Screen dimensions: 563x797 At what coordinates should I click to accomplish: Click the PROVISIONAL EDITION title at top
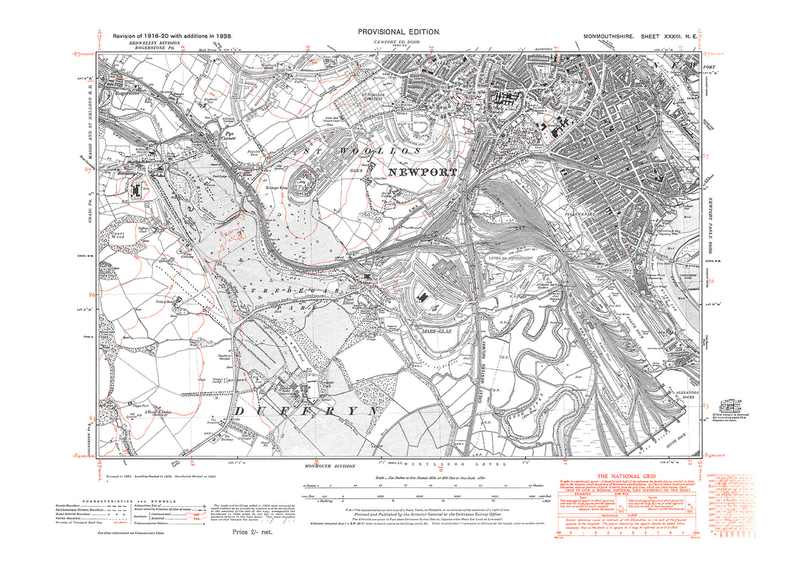click(399, 33)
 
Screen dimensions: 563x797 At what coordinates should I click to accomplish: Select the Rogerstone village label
click(128, 93)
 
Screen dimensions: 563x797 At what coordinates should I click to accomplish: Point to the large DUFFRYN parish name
click(307, 411)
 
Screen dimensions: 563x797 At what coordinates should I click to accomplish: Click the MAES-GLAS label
click(436, 332)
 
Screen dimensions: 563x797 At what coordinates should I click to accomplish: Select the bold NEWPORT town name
click(423, 172)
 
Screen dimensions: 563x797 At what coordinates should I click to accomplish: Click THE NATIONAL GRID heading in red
click(627, 476)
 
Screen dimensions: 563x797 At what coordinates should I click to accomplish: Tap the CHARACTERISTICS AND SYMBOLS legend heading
click(129, 501)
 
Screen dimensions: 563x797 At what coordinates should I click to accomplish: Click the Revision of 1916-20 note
click(172, 36)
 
